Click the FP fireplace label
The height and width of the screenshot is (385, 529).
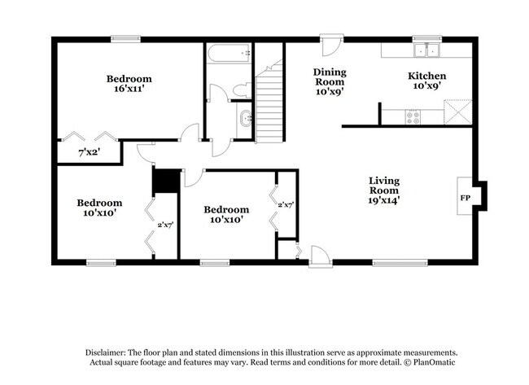466,198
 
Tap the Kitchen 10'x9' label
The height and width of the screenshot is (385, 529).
426,81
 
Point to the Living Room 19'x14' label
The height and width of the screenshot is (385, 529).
384,190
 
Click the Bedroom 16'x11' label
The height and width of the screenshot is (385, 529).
129,85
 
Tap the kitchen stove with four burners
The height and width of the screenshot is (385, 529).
413,116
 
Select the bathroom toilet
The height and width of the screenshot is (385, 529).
242,89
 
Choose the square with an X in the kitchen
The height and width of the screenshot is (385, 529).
458,111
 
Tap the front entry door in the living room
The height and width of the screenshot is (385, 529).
321,257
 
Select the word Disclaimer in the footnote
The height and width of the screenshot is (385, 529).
111,352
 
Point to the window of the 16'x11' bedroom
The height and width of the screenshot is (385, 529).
125,38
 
